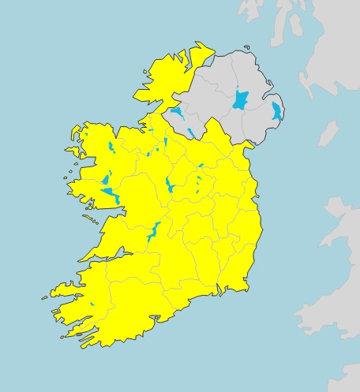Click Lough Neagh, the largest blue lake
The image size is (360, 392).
click(240, 101)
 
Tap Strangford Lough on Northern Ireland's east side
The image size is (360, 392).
click(276, 111)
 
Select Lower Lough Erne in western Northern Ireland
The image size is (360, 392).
click(177, 112)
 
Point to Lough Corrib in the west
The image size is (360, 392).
click(111, 194)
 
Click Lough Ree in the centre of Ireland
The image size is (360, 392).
click(171, 187)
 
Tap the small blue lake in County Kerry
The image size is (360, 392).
click(92, 304)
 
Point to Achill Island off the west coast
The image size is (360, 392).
click(73, 151)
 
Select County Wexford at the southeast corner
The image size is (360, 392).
click(241, 268)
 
